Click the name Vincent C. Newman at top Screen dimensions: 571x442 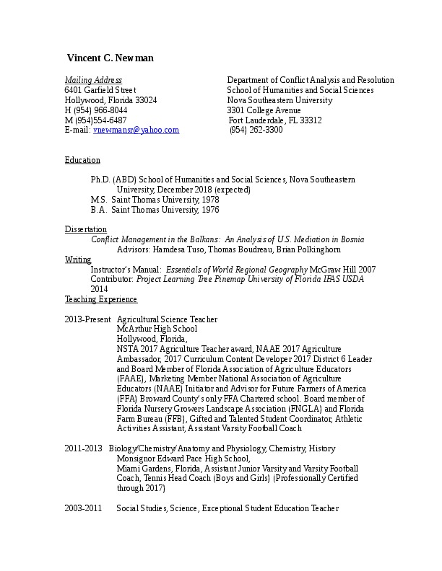tap(110, 58)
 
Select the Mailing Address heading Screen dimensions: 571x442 tap(93, 80)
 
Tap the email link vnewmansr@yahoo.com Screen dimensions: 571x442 tap(136, 130)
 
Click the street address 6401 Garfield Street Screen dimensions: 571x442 tap(100, 90)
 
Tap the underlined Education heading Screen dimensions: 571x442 tap(82, 160)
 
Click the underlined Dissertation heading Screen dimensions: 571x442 tap(86, 229)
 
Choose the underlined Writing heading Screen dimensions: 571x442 tap(78, 260)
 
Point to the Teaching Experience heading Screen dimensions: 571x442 tap(100, 299)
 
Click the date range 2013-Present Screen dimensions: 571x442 tap(87, 319)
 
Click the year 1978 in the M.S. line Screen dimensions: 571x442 tap(210, 200)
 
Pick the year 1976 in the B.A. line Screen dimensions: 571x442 tap(209, 210)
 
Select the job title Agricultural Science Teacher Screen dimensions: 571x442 tap(167, 319)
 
